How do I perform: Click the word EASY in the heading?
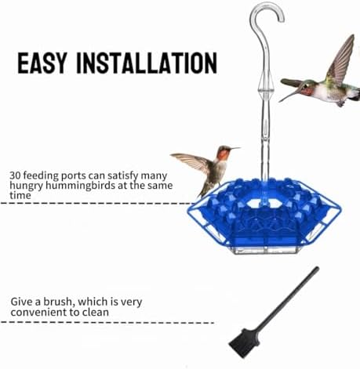click(42, 63)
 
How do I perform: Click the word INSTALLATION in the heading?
click(147, 63)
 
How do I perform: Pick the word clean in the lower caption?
click(95, 312)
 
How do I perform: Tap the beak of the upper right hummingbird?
click(289, 96)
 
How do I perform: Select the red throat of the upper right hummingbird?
click(307, 92)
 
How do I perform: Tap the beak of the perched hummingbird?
click(235, 149)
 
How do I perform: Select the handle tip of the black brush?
click(317, 268)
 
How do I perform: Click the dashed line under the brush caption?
click(107, 323)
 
